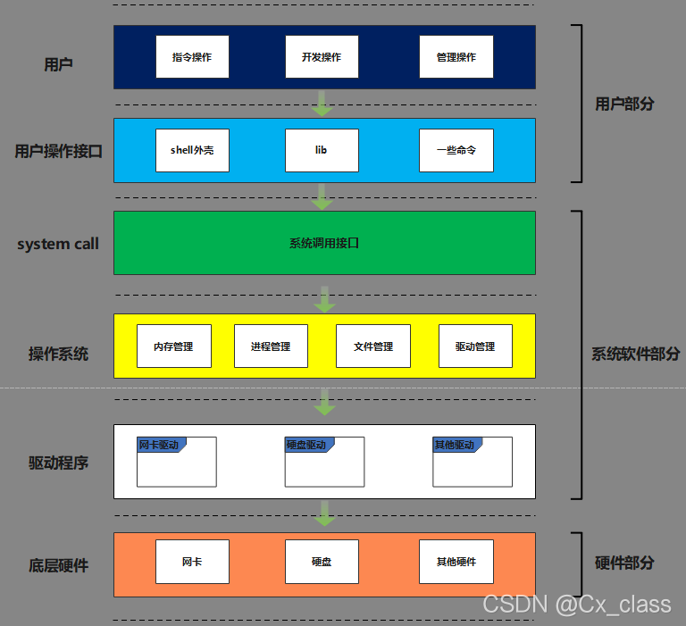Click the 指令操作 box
click(x=192, y=57)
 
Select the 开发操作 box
click(x=322, y=57)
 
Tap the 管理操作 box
click(x=456, y=57)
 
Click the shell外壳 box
click(x=192, y=150)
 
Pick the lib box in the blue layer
click(x=322, y=150)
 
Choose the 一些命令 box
click(x=456, y=150)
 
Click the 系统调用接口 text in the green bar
click(x=323, y=243)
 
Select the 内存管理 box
click(x=173, y=346)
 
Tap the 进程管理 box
click(x=271, y=346)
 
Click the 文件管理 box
click(x=372, y=346)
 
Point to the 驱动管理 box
click(x=475, y=346)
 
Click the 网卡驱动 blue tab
click(x=160, y=445)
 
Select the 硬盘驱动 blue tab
click(x=307, y=445)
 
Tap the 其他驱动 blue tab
click(x=455, y=445)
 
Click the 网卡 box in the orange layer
click(x=192, y=562)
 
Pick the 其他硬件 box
click(x=456, y=562)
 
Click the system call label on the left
click(x=58, y=244)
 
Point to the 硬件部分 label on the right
click(x=624, y=563)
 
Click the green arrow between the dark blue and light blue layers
click(x=323, y=104)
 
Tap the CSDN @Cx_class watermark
click(x=577, y=605)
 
